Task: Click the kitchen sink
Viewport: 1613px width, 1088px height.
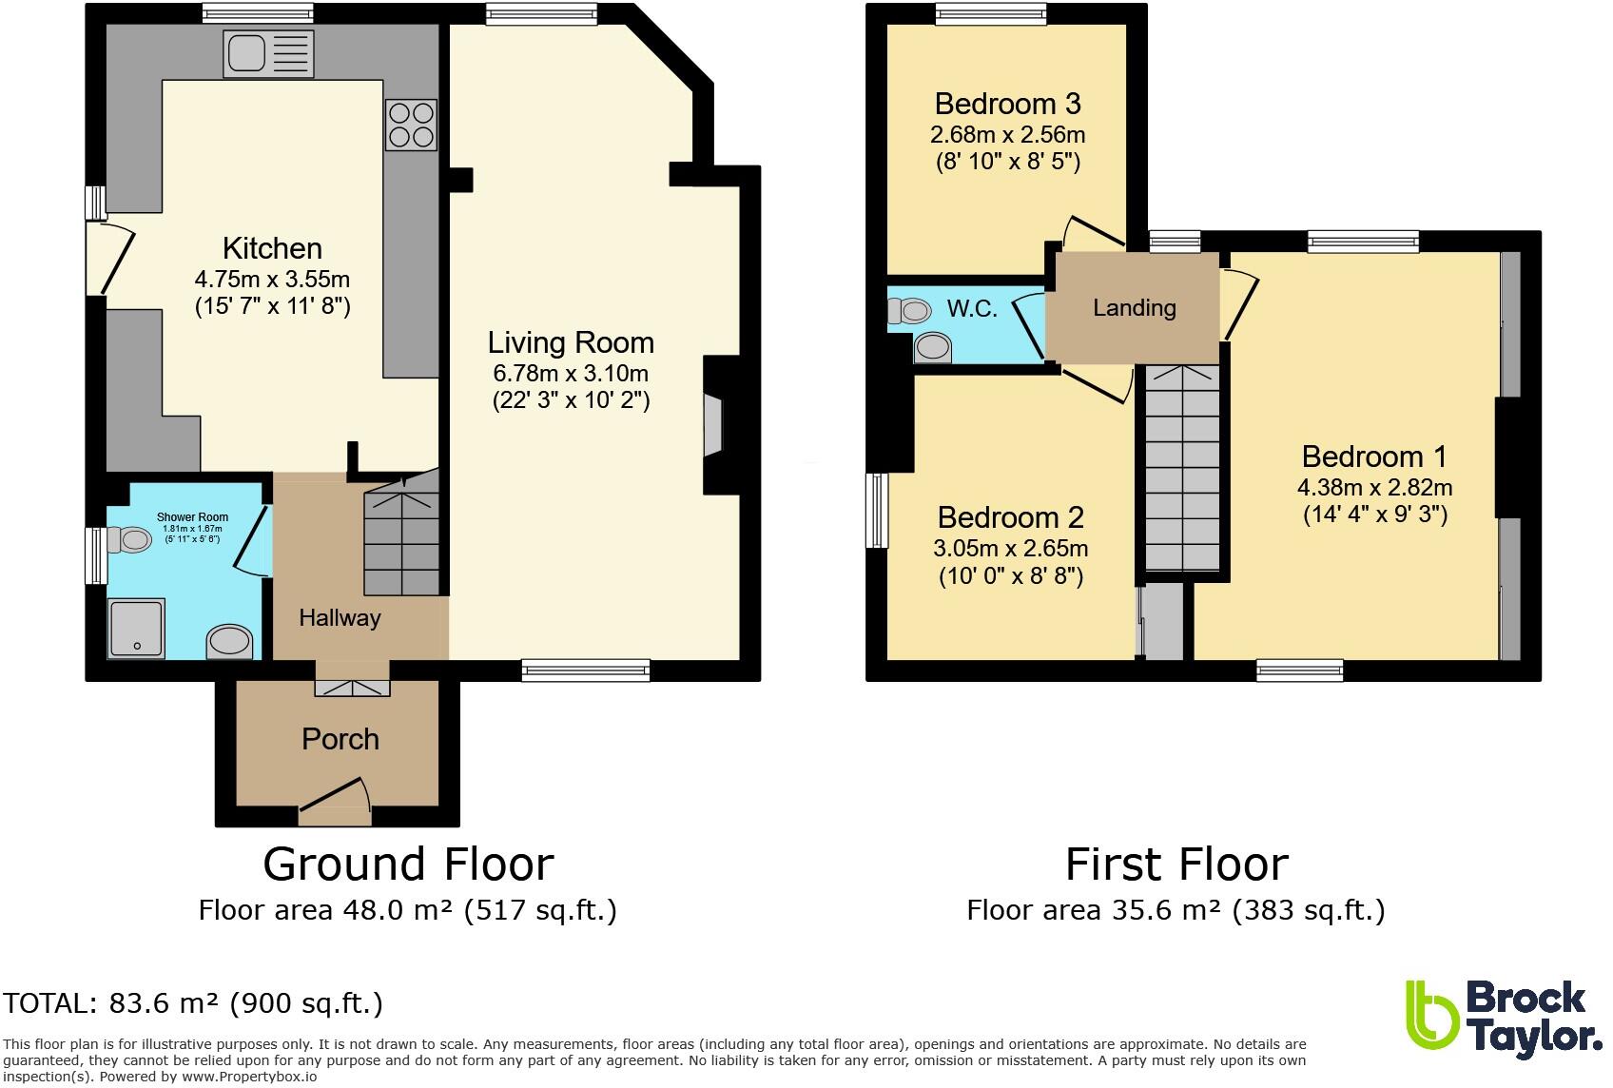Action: (267, 52)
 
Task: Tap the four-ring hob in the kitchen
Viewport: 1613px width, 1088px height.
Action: (411, 125)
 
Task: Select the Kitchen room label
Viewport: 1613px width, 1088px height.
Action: (272, 248)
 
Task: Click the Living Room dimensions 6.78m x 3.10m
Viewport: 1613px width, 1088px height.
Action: (571, 373)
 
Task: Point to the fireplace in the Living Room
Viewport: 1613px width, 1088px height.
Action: (713, 426)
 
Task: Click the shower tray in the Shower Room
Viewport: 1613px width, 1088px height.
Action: (136, 628)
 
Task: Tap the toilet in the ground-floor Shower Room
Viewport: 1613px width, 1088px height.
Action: (129, 540)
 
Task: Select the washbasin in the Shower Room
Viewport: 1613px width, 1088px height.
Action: (230, 642)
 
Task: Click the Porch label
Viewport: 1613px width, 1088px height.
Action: (340, 739)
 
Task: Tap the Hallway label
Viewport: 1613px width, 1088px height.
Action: (340, 618)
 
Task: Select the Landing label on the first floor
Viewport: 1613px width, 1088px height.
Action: (1134, 308)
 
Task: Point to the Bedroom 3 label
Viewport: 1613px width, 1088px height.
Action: (1007, 103)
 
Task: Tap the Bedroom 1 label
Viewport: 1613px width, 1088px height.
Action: (1374, 457)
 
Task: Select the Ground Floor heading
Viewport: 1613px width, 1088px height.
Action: (408, 865)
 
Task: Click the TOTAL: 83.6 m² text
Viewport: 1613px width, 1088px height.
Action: (193, 1003)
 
